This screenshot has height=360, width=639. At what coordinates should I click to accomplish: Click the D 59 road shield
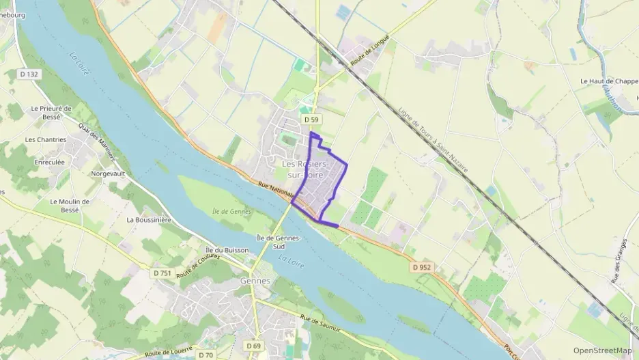(x=311, y=120)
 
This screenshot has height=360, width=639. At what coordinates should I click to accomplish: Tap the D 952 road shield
(x=422, y=268)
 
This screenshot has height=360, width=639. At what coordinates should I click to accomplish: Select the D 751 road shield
(x=162, y=273)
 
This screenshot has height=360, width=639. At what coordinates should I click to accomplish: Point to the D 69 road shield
(x=252, y=346)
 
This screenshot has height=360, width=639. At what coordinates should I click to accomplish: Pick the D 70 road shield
(x=206, y=355)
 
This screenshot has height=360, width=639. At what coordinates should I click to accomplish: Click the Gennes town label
(x=255, y=281)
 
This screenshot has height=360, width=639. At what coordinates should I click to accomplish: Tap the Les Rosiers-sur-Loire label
(x=306, y=170)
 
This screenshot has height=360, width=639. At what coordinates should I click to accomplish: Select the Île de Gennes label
(x=229, y=212)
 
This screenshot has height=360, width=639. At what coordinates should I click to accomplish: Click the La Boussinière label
(x=148, y=220)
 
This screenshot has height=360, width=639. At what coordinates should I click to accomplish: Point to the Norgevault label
(x=109, y=174)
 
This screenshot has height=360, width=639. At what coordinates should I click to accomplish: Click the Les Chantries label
(x=46, y=139)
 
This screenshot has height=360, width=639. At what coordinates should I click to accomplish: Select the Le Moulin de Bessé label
(x=70, y=206)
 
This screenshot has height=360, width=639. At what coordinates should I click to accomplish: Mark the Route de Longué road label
(x=369, y=50)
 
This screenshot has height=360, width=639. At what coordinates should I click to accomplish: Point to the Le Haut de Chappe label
(x=608, y=81)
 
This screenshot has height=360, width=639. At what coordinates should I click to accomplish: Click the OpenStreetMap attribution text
(x=602, y=350)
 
